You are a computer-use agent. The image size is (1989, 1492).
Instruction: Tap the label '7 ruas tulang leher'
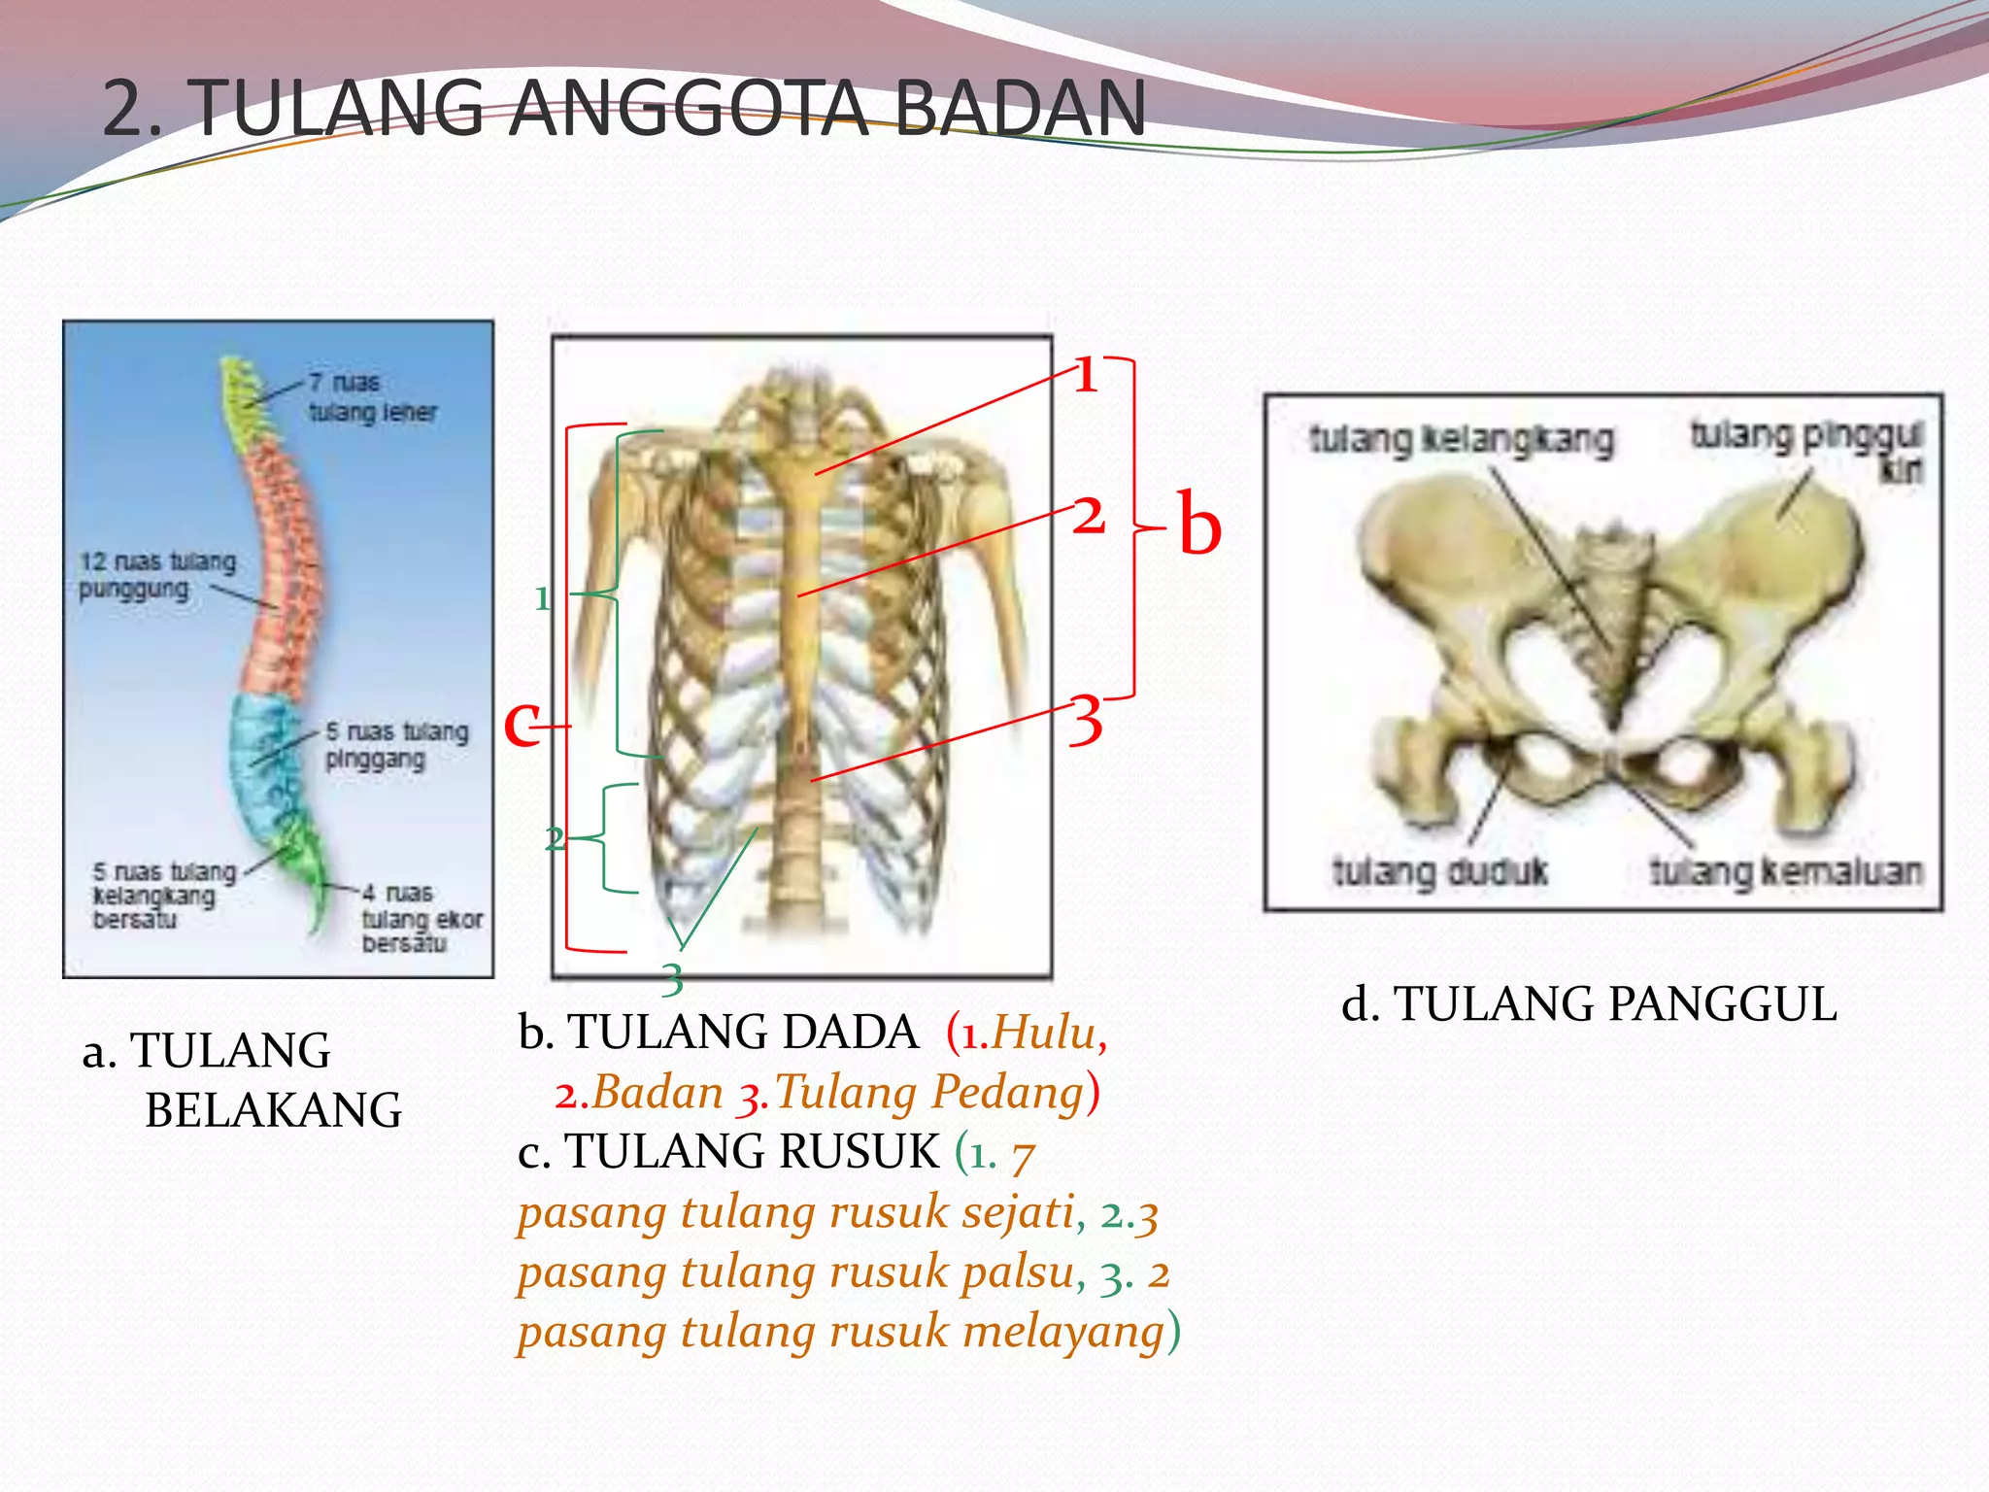pos(372,397)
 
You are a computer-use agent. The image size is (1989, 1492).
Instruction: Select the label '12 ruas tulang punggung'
pos(157,575)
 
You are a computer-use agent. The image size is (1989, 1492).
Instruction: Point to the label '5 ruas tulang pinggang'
pos(396,745)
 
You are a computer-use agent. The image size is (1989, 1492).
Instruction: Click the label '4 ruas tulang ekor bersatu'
pos(421,918)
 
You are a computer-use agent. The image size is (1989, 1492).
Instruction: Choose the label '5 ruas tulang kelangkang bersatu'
pos(163,896)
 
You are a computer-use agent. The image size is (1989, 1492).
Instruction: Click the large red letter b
pos(1199,525)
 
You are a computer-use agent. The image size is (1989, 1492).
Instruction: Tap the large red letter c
pos(522,724)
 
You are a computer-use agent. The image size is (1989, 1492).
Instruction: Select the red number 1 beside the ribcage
pos(1087,375)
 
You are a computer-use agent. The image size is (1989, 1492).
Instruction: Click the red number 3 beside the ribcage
pos(1086,721)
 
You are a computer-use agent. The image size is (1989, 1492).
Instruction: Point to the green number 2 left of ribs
pos(554,838)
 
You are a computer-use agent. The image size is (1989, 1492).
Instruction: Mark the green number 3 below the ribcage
pos(672,979)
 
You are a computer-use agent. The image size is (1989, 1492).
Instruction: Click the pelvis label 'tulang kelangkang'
pos(1462,440)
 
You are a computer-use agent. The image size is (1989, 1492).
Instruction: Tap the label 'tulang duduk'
pos(1439,871)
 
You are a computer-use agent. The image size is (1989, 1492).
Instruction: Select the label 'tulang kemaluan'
pos(1785,871)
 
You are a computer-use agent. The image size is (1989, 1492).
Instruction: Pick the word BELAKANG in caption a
pos(273,1110)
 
